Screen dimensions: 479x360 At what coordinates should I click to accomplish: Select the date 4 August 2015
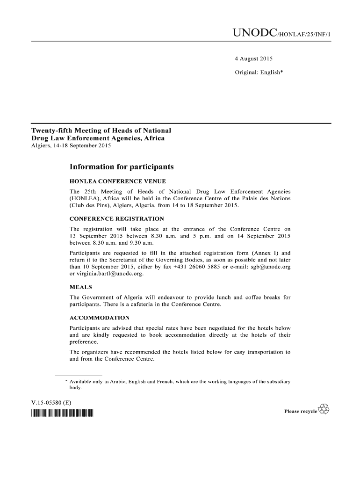click(253, 59)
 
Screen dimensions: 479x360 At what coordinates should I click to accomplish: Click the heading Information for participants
click(122, 167)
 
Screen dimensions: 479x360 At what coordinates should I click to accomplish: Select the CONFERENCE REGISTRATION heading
click(116, 218)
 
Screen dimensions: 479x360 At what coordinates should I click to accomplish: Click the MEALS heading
click(80, 287)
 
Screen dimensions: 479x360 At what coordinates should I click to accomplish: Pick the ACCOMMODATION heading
click(100, 318)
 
